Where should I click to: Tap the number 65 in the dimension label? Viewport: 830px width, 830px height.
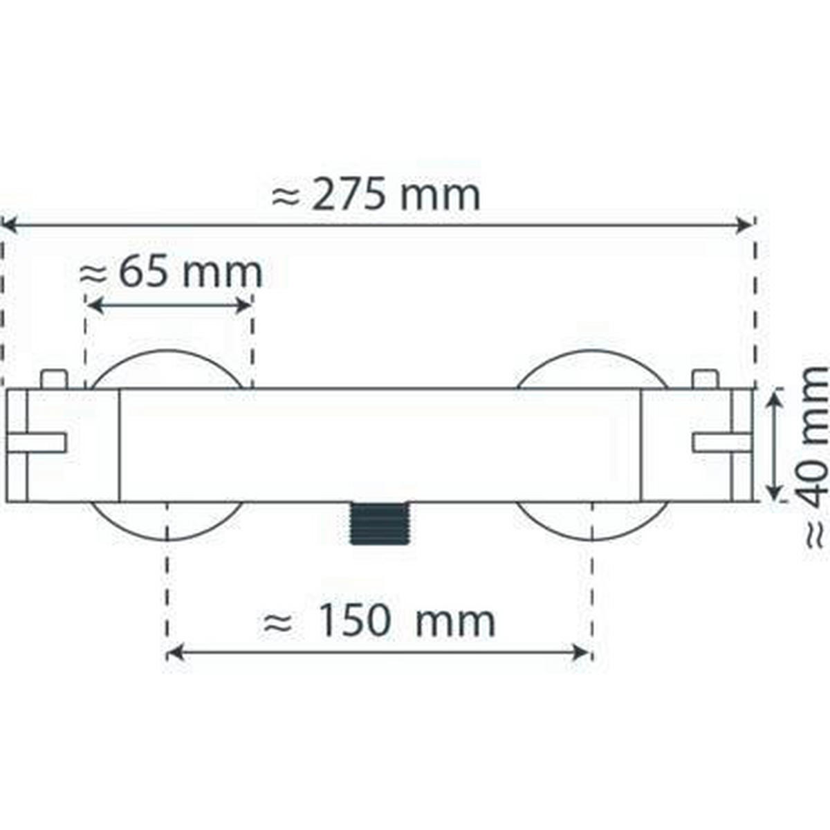[142, 273]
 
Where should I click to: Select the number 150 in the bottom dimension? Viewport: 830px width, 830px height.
[353, 620]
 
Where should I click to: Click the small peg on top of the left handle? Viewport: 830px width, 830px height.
[54, 379]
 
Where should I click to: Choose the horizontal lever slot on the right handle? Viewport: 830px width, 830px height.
[722, 443]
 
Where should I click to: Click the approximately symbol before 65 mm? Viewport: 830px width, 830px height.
[94, 274]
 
